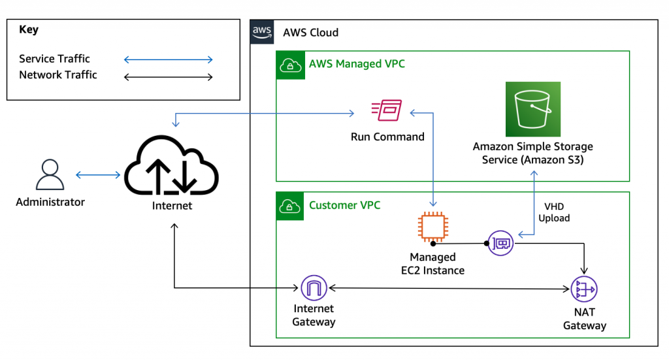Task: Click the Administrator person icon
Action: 50,174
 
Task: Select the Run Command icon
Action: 386,112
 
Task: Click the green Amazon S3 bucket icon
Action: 533,109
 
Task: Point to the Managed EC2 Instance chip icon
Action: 431,227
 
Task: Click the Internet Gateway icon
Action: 314,288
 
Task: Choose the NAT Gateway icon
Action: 584,289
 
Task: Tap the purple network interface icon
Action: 501,243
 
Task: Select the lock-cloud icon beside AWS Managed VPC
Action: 288,64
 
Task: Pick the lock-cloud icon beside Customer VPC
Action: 288,205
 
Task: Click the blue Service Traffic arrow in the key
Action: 169,60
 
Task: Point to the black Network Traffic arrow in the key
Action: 169,77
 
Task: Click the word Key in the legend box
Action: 29,29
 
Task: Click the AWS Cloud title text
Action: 310,33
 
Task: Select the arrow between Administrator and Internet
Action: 98,175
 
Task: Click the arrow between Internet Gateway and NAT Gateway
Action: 448,288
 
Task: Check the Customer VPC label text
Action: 344,205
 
